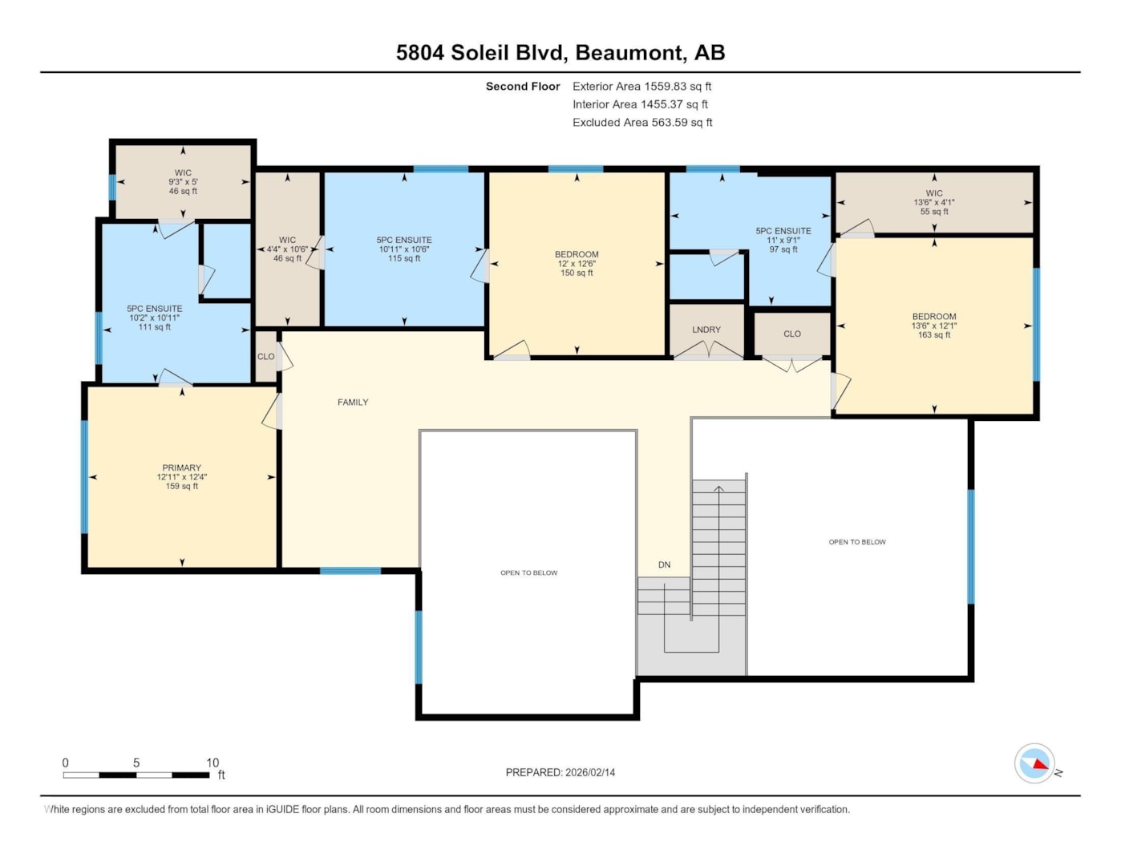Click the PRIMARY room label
pyautogui.click(x=181, y=467)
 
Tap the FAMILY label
pyautogui.click(x=353, y=402)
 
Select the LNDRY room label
pyautogui.click(x=706, y=330)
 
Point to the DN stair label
pyautogui.click(x=665, y=565)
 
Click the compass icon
pyautogui.click(x=1034, y=763)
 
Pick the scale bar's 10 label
pyautogui.click(x=212, y=763)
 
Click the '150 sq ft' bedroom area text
pyautogui.click(x=577, y=273)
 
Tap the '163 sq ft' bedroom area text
pyautogui.click(x=934, y=334)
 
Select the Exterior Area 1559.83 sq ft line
pyautogui.click(x=641, y=86)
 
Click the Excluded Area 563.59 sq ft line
pyautogui.click(x=642, y=122)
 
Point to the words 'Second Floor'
pyautogui.click(x=523, y=86)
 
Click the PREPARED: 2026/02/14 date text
pyautogui.click(x=560, y=772)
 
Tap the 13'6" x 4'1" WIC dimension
pyautogui.click(x=934, y=202)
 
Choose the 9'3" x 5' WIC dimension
pyautogui.click(x=183, y=181)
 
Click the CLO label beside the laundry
pyautogui.click(x=792, y=334)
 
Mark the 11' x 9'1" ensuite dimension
pyautogui.click(x=783, y=240)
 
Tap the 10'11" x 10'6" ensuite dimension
pyautogui.click(x=404, y=249)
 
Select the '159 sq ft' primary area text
pyautogui.click(x=181, y=486)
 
